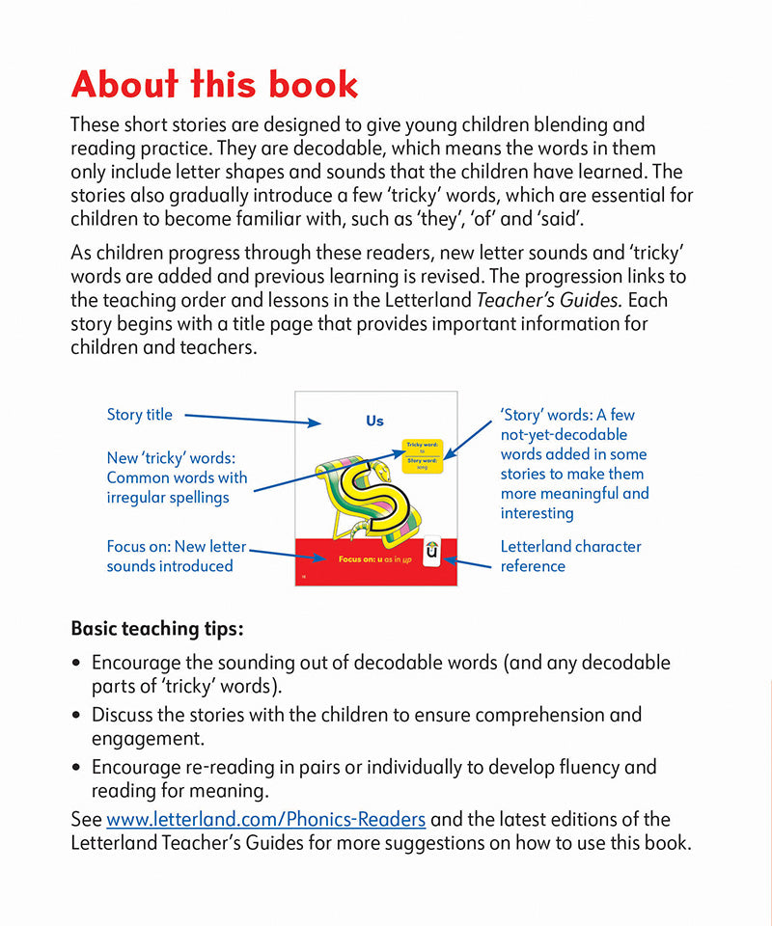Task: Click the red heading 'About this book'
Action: click(214, 85)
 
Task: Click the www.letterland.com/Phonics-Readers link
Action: click(265, 819)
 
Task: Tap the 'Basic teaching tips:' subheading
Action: click(157, 628)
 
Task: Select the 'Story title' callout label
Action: click(140, 415)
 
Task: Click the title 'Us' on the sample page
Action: click(374, 421)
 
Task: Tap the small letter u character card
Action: click(431, 553)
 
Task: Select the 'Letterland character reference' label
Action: click(570, 556)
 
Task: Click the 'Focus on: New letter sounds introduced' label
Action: click(177, 556)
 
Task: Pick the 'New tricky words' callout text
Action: click(177, 477)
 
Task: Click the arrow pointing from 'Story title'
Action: click(251, 419)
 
